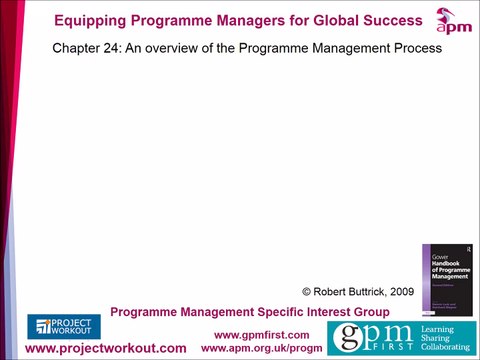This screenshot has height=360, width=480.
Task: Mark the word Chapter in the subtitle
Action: coord(74,48)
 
